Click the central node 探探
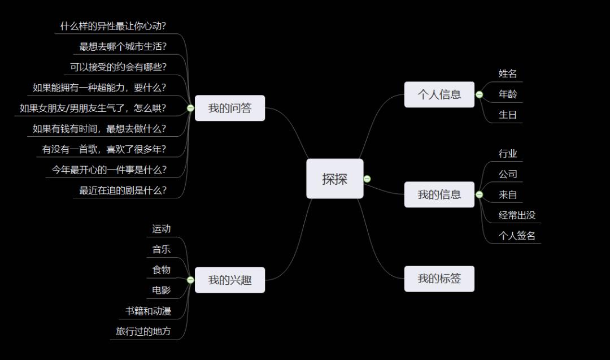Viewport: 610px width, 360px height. tap(334, 179)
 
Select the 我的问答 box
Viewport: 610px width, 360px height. tap(229, 108)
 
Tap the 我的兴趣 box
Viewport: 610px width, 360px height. tap(229, 280)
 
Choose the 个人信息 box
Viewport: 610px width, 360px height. tap(439, 94)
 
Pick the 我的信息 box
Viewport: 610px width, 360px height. tap(439, 194)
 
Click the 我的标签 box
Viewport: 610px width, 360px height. tap(439, 278)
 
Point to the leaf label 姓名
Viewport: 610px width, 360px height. tap(508, 73)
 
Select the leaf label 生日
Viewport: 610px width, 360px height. tap(508, 115)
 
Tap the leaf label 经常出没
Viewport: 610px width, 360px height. tap(517, 215)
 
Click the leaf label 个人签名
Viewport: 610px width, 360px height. tap(517, 236)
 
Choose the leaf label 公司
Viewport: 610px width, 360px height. tap(508, 174)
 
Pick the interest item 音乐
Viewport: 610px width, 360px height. tap(161, 249)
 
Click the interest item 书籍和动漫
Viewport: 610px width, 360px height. tap(148, 311)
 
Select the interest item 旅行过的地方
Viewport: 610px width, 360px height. tap(143, 331)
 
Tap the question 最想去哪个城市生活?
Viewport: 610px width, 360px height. tap(123, 46)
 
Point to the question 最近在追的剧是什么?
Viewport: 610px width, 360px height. tap(123, 190)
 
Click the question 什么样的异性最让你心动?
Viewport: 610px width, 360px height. tap(114, 26)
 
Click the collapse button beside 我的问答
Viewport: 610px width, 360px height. tap(190, 108)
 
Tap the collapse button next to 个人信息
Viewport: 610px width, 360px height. tap(480, 94)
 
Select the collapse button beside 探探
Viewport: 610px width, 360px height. tap(367, 179)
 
